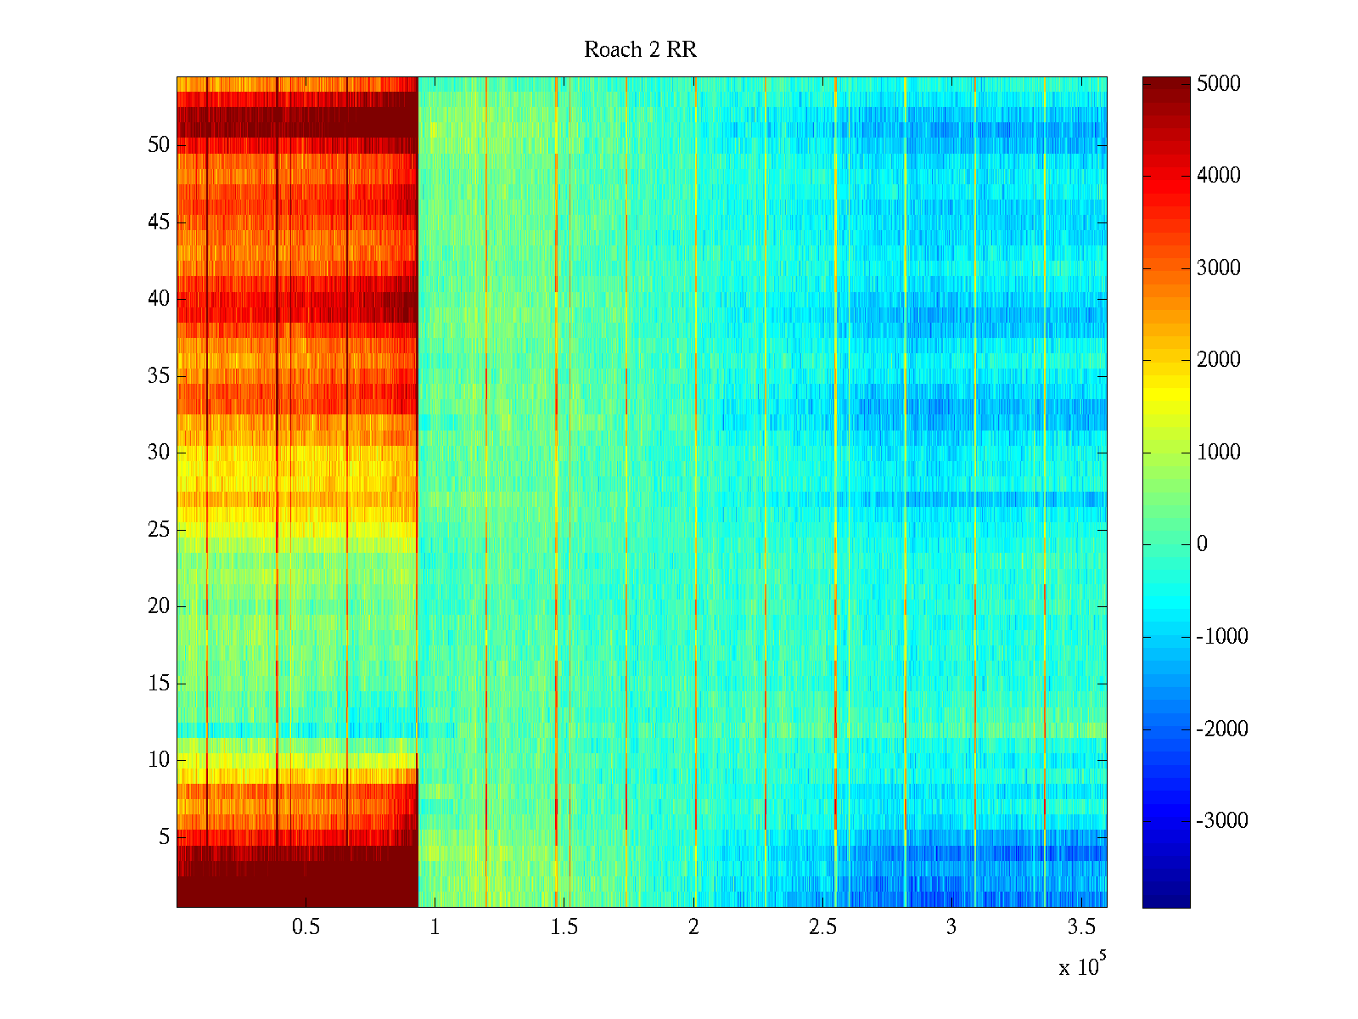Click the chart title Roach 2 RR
tap(640, 50)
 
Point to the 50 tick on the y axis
tap(159, 145)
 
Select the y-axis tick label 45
tap(159, 222)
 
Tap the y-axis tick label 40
tap(159, 299)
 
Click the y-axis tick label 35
tap(159, 376)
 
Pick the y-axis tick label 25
tap(159, 530)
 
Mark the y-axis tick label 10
tap(159, 760)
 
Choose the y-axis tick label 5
tap(164, 837)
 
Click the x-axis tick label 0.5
tap(306, 927)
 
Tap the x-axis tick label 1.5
tap(564, 927)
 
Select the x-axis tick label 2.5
tap(822, 927)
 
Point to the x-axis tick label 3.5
tap(1080, 927)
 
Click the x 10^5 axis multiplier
tap(1081, 966)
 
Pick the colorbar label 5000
tap(1218, 83)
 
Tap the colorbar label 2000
tap(1218, 360)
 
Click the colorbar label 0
tap(1202, 544)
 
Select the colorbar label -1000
tap(1221, 637)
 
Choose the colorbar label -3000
tap(1221, 821)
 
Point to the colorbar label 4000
tap(1218, 176)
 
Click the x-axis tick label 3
tap(951, 927)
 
